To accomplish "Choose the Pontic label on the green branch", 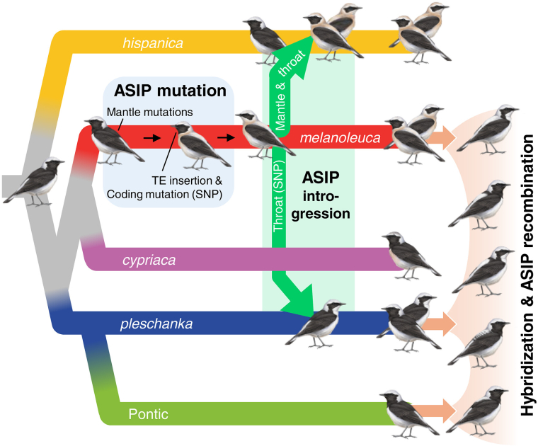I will (x=148, y=413).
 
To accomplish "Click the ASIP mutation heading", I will (x=170, y=91).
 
